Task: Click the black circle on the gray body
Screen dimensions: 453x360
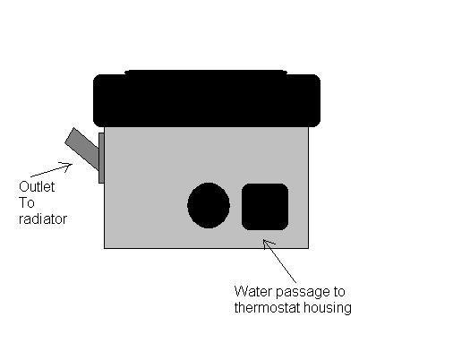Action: point(209,205)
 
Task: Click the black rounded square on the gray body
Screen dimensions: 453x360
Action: point(265,207)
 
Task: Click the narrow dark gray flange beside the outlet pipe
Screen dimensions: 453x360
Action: point(101,158)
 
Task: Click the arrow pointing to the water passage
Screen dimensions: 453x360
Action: point(279,261)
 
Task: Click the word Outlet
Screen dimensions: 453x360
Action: point(37,187)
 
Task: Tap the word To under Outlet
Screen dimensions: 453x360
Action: point(27,203)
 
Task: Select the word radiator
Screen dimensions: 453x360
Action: point(43,219)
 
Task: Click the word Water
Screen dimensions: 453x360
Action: point(253,291)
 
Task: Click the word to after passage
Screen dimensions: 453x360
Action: point(339,292)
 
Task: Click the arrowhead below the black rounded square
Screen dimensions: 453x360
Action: point(267,244)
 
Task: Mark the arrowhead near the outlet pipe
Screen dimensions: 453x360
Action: point(67,166)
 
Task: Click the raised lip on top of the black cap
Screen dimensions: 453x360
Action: point(206,72)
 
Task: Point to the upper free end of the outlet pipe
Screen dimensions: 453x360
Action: point(70,135)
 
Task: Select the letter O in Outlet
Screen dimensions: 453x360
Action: point(23,187)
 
